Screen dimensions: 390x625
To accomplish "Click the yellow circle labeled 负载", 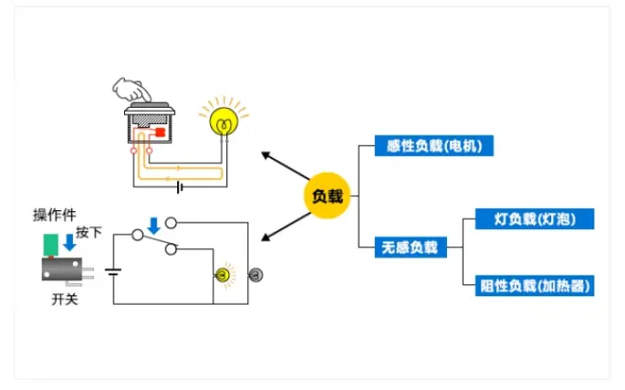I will [x=327, y=197].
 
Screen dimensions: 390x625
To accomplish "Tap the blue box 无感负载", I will [x=410, y=248].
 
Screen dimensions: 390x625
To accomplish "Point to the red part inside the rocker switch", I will [x=160, y=133].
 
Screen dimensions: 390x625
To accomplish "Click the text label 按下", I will [x=89, y=232].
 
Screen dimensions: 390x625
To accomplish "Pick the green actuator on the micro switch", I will [x=50, y=244].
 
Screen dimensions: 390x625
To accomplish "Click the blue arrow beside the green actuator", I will [x=70, y=245].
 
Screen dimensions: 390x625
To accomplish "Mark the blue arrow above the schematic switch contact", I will [x=153, y=225].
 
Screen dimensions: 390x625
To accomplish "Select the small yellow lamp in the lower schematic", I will [x=223, y=275].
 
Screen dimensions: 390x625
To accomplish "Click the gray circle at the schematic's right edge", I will [x=254, y=275].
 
